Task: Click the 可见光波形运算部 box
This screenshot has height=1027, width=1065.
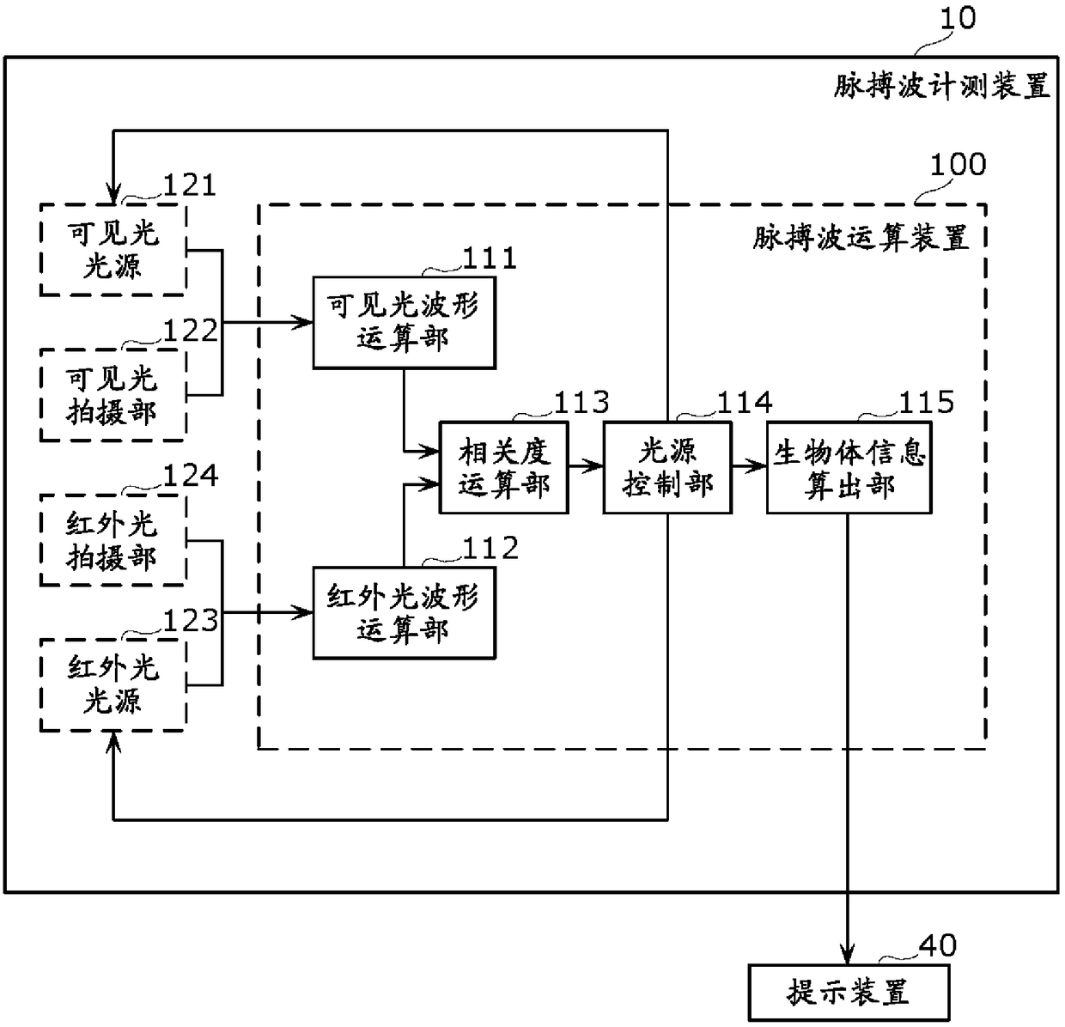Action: tap(404, 322)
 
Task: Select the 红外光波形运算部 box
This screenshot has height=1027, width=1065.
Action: tap(404, 612)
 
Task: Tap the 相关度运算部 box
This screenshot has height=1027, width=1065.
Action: tap(503, 467)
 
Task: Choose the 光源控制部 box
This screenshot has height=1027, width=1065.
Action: tap(667, 467)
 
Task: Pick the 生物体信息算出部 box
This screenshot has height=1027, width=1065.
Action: tap(849, 467)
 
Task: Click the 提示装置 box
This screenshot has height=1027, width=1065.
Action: tap(849, 992)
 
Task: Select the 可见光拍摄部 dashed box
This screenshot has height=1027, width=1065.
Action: tap(113, 394)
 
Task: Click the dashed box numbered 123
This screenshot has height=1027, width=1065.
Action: tap(113, 684)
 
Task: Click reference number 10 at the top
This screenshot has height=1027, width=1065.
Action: tap(958, 18)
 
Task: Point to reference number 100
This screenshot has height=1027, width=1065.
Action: tap(958, 164)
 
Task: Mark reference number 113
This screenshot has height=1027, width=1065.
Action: tap(581, 402)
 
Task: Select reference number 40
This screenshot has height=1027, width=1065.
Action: tap(938, 945)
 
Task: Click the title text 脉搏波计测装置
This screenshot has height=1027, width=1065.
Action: tap(941, 87)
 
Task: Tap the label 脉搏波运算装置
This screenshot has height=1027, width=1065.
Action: tap(861, 238)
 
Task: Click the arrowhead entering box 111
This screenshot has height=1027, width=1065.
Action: tap(302, 322)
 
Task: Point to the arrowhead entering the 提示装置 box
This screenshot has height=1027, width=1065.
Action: tap(847, 954)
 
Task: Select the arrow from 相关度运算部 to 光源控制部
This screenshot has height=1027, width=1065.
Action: tap(586, 467)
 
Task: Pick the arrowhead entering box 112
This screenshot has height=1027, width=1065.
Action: tap(302, 612)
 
